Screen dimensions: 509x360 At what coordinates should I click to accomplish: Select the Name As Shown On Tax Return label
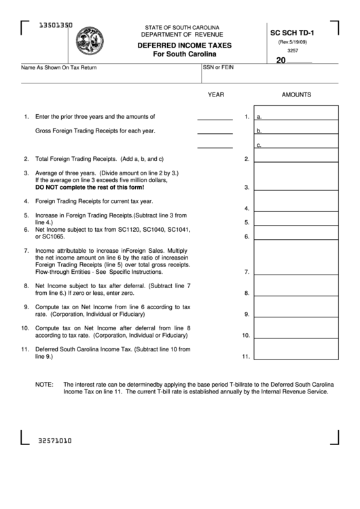click(x=59, y=68)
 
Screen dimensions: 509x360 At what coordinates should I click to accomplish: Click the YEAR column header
click(x=216, y=95)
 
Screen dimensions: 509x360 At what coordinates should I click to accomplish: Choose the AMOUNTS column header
click(x=296, y=95)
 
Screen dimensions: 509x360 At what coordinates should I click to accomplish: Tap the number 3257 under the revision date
click(x=293, y=50)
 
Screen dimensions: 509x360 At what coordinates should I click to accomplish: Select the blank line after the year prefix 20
click(x=300, y=60)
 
